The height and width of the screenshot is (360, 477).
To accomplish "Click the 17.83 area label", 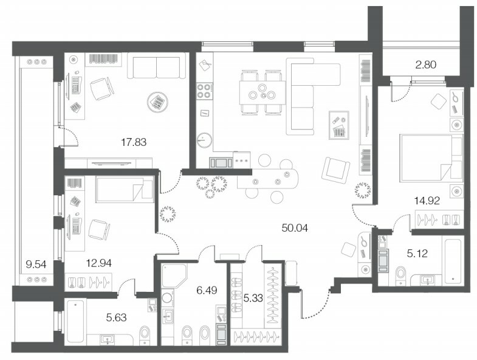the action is click(x=134, y=142).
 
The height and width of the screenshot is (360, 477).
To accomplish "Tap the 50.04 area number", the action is click(x=295, y=228).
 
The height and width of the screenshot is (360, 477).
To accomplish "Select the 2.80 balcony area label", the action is click(x=426, y=64).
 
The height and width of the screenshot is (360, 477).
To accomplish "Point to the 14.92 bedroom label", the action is click(x=427, y=201).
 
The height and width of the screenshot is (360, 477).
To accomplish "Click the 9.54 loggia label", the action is click(x=36, y=265).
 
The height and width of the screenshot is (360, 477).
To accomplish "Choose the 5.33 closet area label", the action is click(x=253, y=298).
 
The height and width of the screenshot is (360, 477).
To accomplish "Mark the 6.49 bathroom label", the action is click(x=207, y=290).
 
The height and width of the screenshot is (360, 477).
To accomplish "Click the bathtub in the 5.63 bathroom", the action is click(x=75, y=321).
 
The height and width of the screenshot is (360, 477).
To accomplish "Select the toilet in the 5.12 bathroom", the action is click(x=401, y=276).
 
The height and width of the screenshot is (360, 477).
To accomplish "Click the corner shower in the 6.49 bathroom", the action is click(x=174, y=275).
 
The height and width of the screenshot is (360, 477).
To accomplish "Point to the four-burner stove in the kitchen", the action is click(x=204, y=91).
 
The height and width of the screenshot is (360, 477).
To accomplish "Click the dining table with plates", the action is click(x=262, y=93).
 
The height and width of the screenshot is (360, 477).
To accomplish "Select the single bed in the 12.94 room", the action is click(x=125, y=190).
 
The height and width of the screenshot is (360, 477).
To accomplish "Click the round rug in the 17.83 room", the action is click(x=157, y=102).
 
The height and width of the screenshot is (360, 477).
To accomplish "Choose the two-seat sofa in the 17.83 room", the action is click(x=156, y=66).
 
